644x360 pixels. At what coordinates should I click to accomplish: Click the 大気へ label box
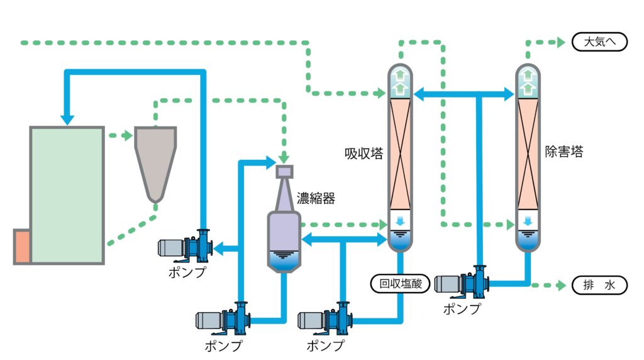coord(599,42)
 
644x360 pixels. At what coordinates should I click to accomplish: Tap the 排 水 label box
coord(599,285)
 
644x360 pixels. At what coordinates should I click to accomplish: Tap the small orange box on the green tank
coord(22,246)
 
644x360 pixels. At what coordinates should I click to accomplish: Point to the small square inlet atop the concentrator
coord(285,171)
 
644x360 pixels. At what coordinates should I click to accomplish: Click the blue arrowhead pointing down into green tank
coord(67,118)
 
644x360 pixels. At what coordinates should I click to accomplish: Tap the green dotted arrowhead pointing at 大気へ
coord(560,43)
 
